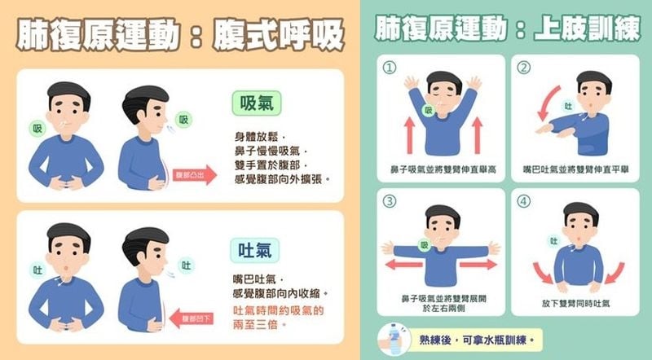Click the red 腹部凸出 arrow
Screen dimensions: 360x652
point(196,173)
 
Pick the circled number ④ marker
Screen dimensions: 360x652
point(525,200)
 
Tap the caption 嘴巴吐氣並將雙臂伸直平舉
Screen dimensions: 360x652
point(575,169)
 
